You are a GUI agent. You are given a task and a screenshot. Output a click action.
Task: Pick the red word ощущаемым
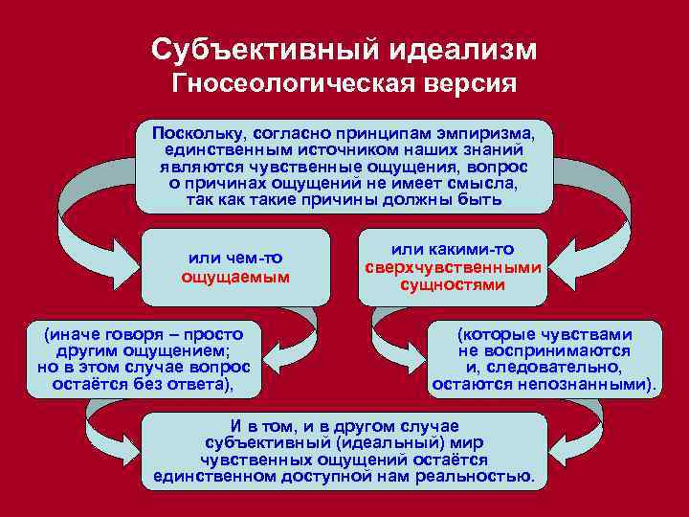[x=235, y=277]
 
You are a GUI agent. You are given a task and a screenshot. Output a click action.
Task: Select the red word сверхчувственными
[x=454, y=267]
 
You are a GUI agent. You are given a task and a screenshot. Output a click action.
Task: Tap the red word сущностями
[x=453, y=284]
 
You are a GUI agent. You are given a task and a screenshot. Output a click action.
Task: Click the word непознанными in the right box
[x=600, y=385]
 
